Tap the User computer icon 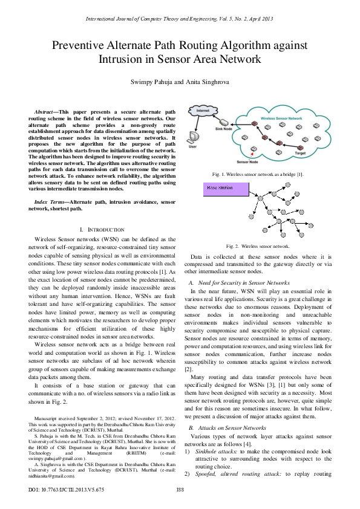[x=194, y=137]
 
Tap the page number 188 [x=180, y=489]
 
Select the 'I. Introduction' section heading [x=102, y=230]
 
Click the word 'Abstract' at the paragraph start [x=45, y=112]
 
